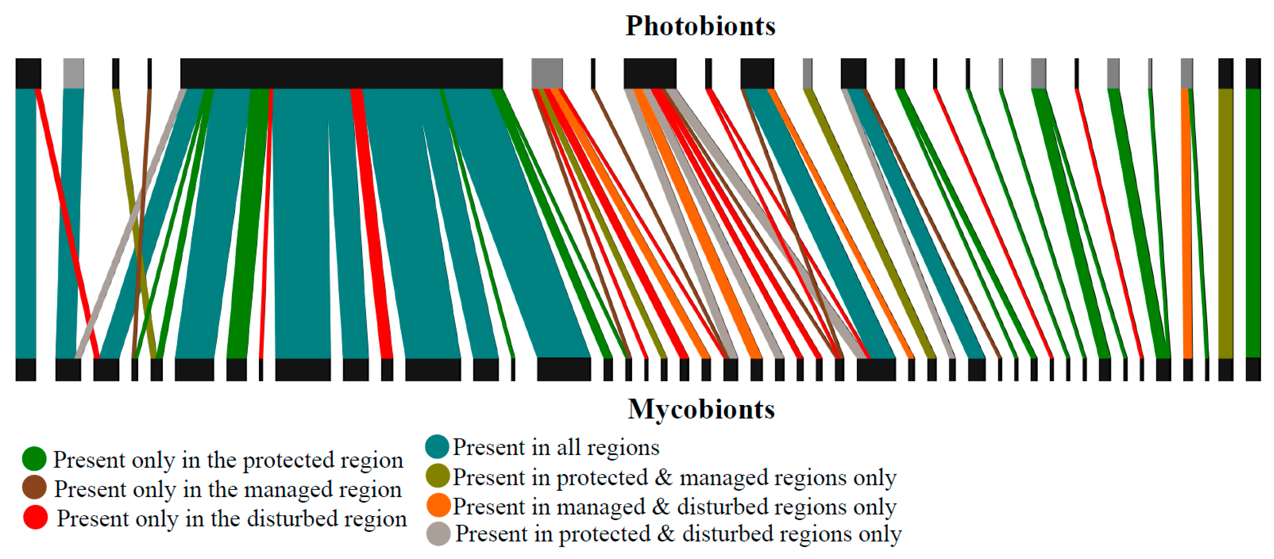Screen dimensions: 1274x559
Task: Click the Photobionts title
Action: pyautogui.click(x=700, y=26)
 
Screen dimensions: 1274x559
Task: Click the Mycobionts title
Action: pyautogui.click(x=701, y=409)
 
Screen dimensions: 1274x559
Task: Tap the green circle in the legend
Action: pyautogui.click(x=34, y=459)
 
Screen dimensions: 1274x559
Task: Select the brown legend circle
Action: pyautogui.click(x=34, y=488)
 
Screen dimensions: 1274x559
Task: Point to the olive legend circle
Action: pyautogui.click(x=437, y=476)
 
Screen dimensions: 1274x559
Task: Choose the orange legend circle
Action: pyautogui.click(x=438, y=505)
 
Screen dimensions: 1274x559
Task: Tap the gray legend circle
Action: pyautogui.click(x=438, y=534)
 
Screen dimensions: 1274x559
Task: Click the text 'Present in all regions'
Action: pyautogui.click(x=556, y=447)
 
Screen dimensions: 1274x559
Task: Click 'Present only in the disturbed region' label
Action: pyautogui.click(x=232, y=519)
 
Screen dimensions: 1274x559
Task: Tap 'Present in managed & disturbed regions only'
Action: pyautogui.click(x=675, y=507)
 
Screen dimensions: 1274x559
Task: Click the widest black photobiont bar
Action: pyautogui.click(x=341, y=73)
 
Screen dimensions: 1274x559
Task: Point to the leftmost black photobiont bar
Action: pyautogui.click(x=28, y=73)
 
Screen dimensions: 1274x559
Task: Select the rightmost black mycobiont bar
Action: pyautogui.click(x=1253, y=369)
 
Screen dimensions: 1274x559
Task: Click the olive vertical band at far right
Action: pyautogui.click(x=1225, y=222)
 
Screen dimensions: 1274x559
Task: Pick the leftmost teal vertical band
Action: pyautogui.click(x=26, y=222)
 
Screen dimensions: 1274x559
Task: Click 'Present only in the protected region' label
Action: pyautogui.click(x=228, y=460)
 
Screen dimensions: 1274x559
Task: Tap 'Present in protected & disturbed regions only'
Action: pyautogui.click(x=678, y=534)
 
